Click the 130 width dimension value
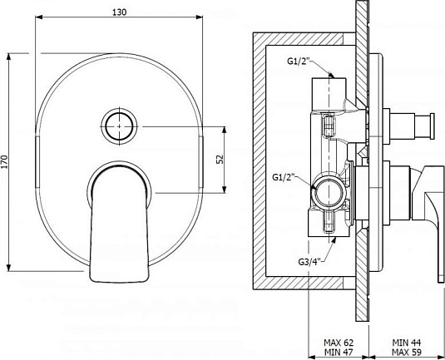120,12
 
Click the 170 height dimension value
5,162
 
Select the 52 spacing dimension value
220,159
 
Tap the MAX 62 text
339,343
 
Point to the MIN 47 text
339,352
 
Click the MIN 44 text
407,343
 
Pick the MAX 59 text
407,352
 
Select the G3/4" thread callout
311,261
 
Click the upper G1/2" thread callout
300,62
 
